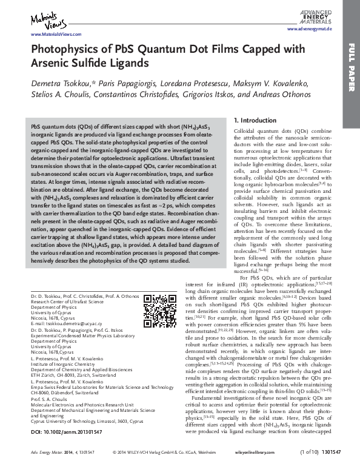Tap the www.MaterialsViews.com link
pos(51,35)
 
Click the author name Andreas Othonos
pos(282,95)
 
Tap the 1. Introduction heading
pos(255,121)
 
